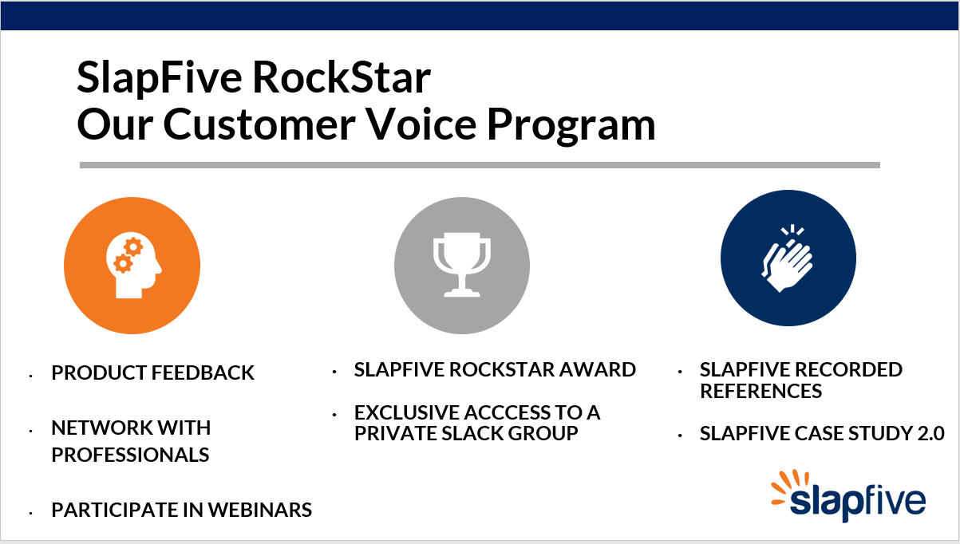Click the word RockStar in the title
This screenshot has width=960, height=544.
[342, 77]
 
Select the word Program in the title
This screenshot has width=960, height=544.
[571, 127]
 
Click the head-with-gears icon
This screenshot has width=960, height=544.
[134, 266]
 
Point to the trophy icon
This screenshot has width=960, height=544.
[462, 265]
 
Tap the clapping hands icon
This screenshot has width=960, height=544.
[788, 258]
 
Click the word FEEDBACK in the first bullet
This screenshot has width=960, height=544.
[203, 373]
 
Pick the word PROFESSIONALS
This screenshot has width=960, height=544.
[130, 455]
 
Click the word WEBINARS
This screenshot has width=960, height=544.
[259, 510]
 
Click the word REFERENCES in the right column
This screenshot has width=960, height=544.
[761, 391]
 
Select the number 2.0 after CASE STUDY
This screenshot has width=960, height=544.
[930, 433]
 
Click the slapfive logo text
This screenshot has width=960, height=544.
[858, 503]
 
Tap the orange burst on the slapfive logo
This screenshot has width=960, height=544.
[789, 487]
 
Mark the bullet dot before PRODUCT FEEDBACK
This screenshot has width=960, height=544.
[31, 376]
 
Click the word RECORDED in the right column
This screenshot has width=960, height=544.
[849, 369]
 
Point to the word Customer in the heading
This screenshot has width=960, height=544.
[259, 124]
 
